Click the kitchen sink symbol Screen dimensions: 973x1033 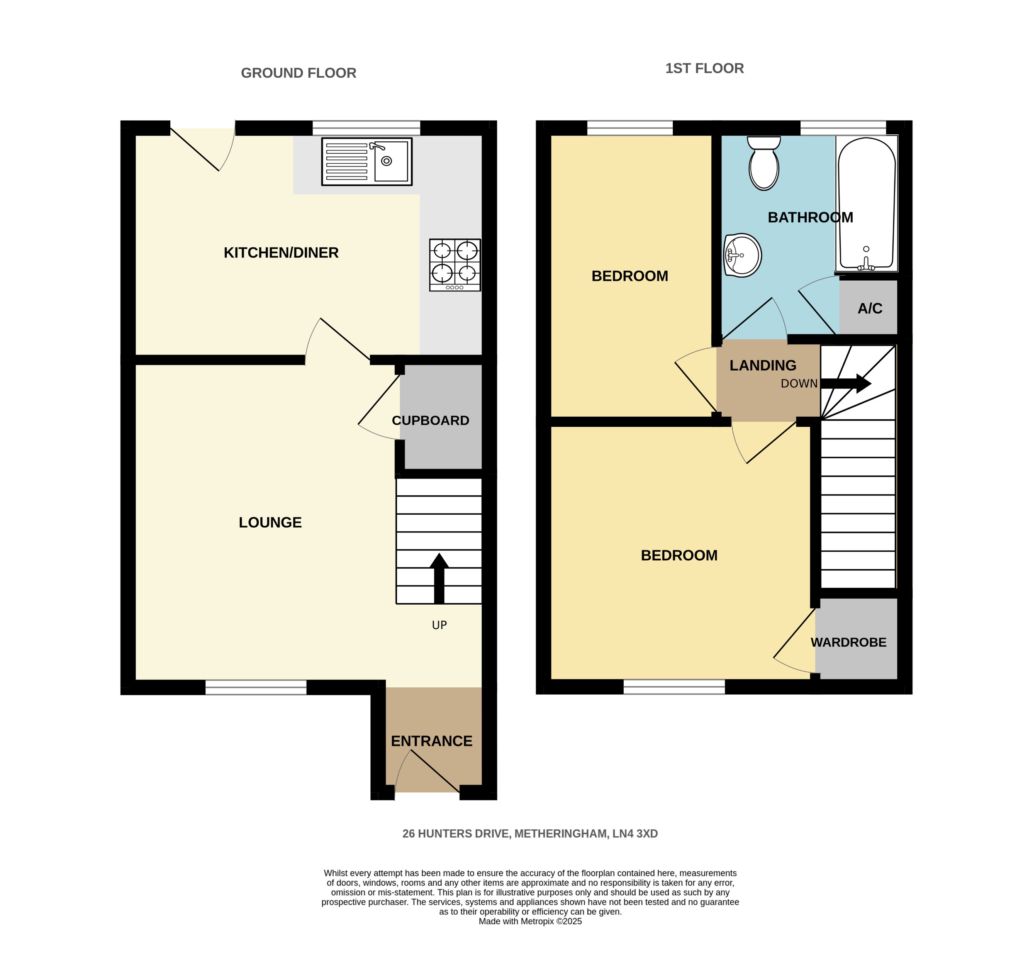tap(366, 161)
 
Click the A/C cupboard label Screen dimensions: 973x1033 tap(869, 309)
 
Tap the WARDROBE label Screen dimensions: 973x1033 tap(848, 642)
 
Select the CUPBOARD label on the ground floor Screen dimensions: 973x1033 tap(430, 420)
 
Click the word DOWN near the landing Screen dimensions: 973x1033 tap(799, 383)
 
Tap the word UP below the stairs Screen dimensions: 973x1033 tap(439, 625)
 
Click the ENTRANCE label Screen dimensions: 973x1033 tap(431, 741)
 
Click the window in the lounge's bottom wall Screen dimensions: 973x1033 tap(256, 687)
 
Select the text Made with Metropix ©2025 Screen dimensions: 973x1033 tap(529, 921)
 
